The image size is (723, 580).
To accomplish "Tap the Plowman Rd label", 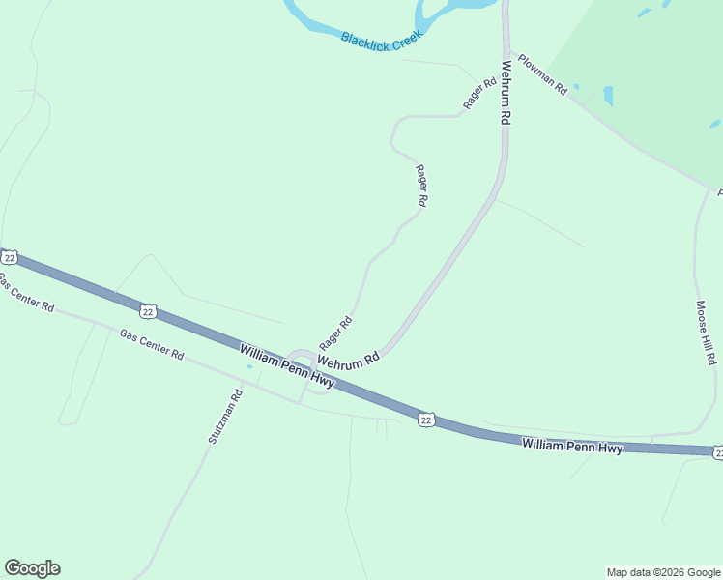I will (542, 72).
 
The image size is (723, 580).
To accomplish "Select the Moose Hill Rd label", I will (706, 333).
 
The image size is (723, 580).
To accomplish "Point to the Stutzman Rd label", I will (224, 417).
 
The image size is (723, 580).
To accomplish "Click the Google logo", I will (32, 568).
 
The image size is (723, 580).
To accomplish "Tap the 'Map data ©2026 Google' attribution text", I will (663, 572).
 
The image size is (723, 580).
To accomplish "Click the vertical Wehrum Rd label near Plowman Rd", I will (505, 94).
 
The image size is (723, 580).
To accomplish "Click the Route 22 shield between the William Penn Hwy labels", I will (426, 419).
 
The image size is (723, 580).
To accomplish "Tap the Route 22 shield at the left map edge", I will (9, 256).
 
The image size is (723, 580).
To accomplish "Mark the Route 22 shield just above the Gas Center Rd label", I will (147, 310).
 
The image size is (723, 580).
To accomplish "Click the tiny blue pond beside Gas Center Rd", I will (250, 366).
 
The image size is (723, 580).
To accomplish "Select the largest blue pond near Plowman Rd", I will (608, 96).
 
